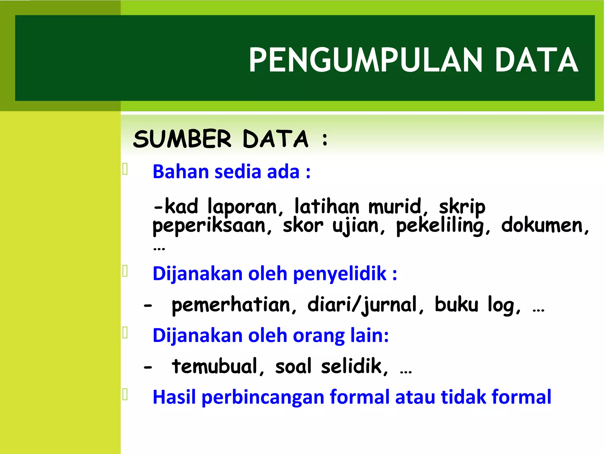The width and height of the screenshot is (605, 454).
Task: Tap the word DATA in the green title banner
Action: [536, 60]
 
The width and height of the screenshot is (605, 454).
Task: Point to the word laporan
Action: [242, 207]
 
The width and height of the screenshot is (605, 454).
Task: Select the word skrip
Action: [462, 207]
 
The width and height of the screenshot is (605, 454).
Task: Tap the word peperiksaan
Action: [209, 226]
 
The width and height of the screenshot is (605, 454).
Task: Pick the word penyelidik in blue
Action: [340, 274]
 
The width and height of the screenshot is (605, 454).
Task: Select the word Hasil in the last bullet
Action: [174, 397]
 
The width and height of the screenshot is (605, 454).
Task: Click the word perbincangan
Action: [263, 398]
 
